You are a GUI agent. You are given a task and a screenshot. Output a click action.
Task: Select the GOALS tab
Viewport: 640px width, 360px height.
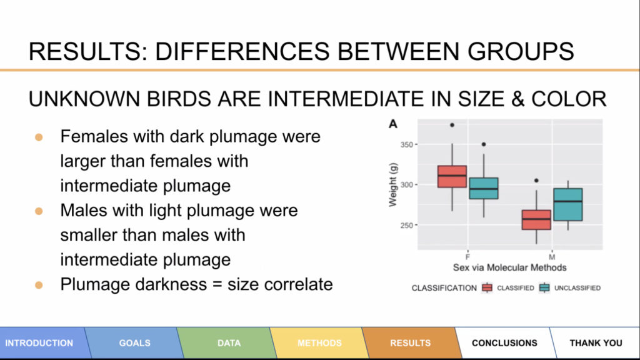click(x=134, y=343)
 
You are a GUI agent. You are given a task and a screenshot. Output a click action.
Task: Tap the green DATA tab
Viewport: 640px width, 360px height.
click(x=229, y=343)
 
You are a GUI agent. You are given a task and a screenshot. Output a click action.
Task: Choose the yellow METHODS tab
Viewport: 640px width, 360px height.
click(x=319, y=343)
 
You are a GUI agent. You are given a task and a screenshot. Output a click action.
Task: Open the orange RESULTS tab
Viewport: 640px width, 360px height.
click(x=410, y=343)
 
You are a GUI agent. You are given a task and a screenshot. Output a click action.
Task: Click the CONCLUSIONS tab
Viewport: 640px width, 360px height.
click(x=504, y=343)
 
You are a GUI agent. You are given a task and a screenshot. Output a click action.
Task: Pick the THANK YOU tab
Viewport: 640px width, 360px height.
click(x=596, y=343)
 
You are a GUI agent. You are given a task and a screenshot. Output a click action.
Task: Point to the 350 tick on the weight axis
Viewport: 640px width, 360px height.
click(x=406, y=144)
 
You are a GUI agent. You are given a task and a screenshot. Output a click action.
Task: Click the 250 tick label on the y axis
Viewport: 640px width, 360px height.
click(x=406, y=225)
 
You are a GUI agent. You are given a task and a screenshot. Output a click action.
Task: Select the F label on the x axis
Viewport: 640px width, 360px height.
click(x=467, y=257)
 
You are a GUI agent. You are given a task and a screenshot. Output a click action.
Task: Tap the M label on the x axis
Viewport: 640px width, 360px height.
click(x=552, y=257)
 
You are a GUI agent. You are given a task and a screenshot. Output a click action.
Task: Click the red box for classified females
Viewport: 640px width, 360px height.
click(x=452, y=176)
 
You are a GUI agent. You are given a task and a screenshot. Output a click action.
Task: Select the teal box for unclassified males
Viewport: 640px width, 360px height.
click(x=567, y=204)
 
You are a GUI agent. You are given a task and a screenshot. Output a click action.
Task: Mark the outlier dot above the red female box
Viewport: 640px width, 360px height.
click(x=452, y=125)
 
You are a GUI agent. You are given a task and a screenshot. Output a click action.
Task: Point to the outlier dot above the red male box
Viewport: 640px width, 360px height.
click(x=536, y=181)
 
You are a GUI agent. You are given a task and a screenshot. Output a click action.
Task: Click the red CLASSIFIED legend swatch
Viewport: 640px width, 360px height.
click(x=487, y=287)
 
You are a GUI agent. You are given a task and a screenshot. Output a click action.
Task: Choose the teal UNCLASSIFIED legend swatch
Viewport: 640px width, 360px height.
click(x=544, y=287)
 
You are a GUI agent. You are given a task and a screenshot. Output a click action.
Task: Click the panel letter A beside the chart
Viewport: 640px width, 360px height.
click(x=393, y=124)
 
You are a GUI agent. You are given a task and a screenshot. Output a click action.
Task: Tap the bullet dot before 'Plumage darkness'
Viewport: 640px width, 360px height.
click(x=39, y=285)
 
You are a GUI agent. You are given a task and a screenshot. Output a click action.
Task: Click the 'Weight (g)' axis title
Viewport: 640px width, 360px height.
click(x=392, y=184)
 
